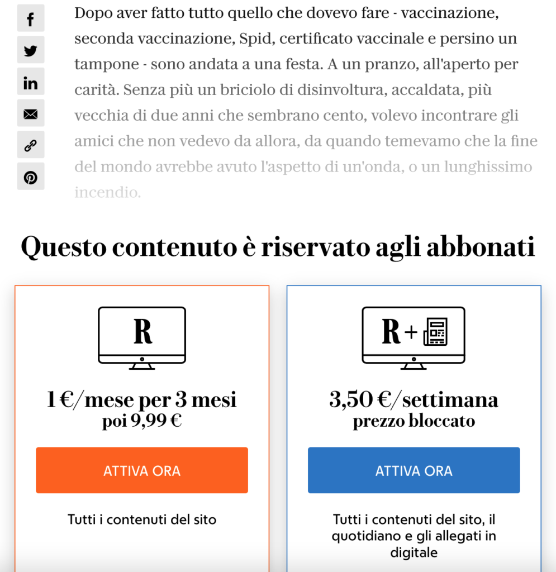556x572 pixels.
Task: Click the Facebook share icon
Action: pyautogui.click(x=31, y=20)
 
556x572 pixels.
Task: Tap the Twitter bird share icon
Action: pyautogui.click(x=31, y=51)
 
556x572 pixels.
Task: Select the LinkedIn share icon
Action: pyautogui.click(x=31, y=83)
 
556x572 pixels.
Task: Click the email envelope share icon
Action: pyautogui.click(x=31, y=115)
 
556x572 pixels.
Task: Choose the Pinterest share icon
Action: pyautogui.click(x=31, y=178)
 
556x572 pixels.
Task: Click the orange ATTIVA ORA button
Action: pyautogui.click(x=142, y=470)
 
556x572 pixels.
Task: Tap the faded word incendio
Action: pyautogui.click(x=107, y=193)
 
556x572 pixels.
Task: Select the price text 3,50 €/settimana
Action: pyautogui.click(x=414, y=400)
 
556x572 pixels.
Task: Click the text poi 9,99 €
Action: pyautogui.click(x=142, y=421)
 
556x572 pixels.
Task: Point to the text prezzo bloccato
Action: pyautogui.click(x=414, y=421)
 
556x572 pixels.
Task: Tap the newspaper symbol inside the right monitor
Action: pyautogui.click(x=436, y=332)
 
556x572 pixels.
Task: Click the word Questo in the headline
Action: pyautogui.click(x=64, y=247)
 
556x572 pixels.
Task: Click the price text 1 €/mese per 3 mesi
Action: pyautogui.click(x=142, y=400)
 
